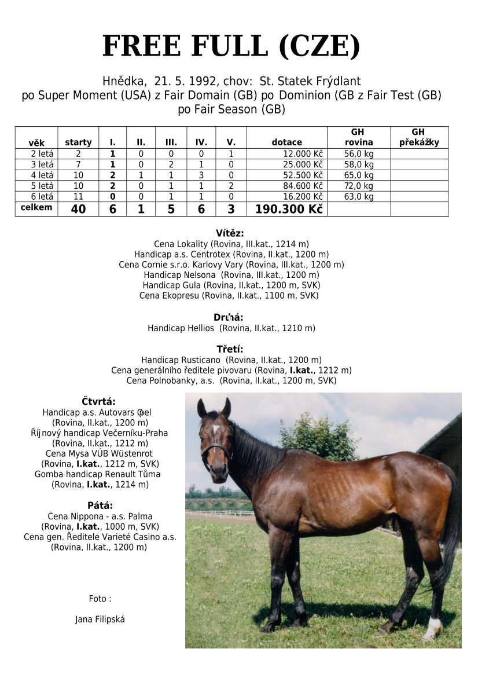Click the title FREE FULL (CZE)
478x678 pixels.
tap(231, 46)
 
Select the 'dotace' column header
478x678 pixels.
tap(286, 142)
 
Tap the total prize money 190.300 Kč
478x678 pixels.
tap(288, 209)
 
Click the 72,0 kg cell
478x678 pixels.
tap(359, 186)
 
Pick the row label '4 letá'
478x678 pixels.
tap(42, 175)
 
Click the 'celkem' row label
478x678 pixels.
tap(36, 208)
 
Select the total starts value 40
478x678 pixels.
tap(78, 209)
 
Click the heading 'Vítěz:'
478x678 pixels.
tap(230, 233)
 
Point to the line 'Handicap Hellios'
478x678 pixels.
tap(231, 328)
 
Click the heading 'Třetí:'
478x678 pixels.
tap(230, 349)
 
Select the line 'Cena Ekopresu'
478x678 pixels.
tap(229, 295)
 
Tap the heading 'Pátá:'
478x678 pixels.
tap(100, 505)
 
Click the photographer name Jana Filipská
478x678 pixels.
tap(100, 620)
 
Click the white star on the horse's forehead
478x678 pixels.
tap(216, 430)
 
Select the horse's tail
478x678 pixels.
tap(452, 527)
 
